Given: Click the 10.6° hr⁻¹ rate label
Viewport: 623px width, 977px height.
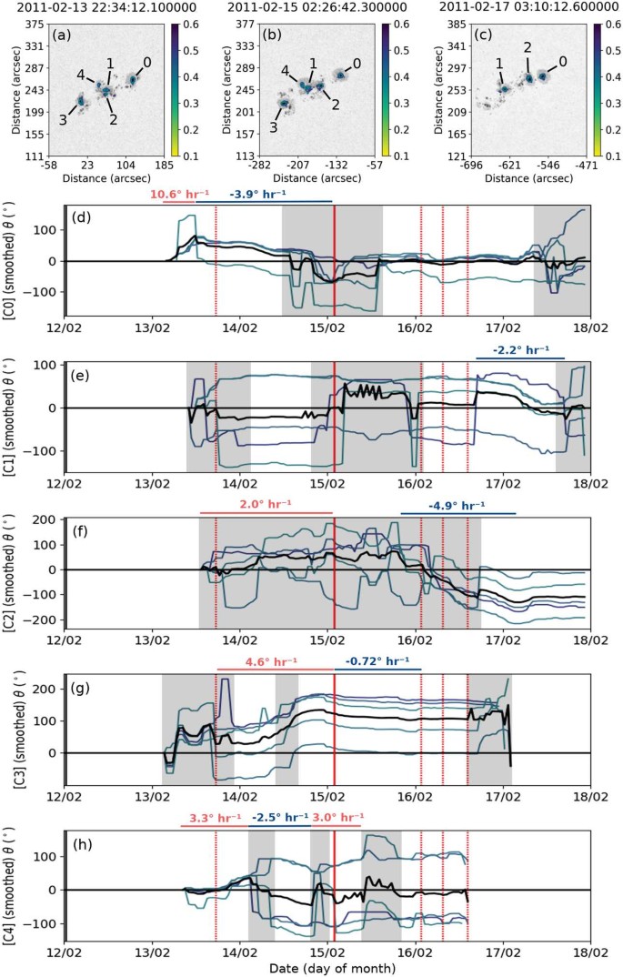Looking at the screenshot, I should coord(189,195).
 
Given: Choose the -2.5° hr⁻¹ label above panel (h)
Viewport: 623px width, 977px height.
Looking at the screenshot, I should coord(278,817).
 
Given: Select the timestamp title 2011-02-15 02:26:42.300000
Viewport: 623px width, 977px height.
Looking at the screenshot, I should coord(307,8).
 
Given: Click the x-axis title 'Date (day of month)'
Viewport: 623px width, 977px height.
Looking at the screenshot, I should coord(327,969).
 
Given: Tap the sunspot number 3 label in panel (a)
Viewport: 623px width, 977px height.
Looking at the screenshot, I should coord(62,119).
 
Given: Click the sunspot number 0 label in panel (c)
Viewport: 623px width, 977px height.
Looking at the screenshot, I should coord(562,61).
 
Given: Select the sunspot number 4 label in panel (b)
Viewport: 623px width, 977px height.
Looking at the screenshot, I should coord(286,69).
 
